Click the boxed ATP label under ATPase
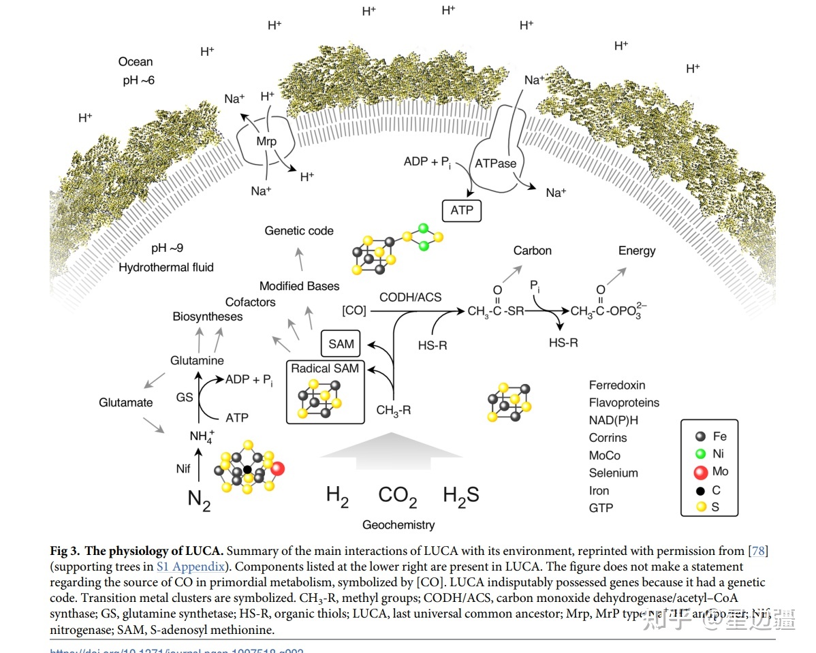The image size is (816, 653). point(462,210)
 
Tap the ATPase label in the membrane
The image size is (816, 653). point(495,163)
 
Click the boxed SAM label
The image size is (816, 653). point(341,344)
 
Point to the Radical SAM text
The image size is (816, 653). point(324,368)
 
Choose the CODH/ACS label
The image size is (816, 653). point(410,297)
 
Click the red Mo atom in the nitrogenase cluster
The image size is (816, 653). point(277,468)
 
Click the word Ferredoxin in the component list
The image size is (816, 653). point(616,385)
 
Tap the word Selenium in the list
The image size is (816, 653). point(613,473)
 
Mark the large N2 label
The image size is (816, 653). point(199,500)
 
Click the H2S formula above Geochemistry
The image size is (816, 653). point(461,496)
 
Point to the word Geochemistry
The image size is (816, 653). point(398,525)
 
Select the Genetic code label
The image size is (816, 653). point(299,231)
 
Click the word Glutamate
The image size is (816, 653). point(125,402)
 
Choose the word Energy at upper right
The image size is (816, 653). point(636,251)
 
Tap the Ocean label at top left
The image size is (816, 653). point(136,62)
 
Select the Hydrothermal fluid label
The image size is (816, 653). point(166,268)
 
